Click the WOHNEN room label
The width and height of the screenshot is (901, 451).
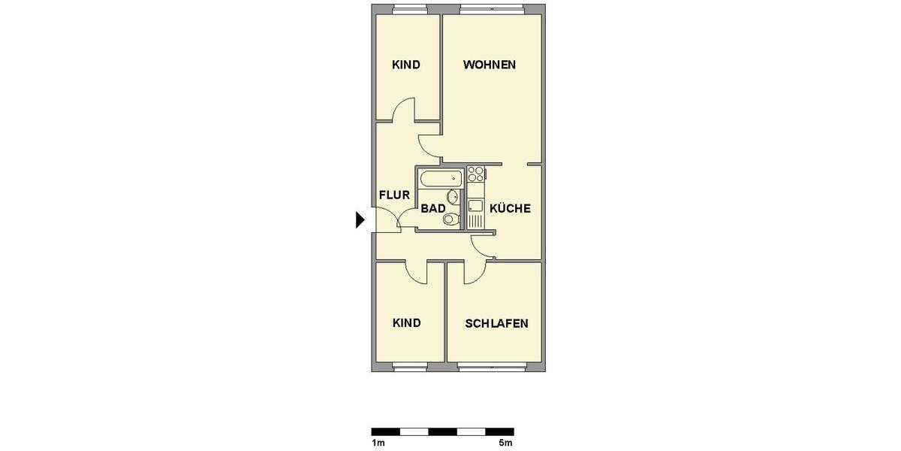coord(489,65)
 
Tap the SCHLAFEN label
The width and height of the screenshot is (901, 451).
coord(496,324)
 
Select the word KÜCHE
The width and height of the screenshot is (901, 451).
coord(510,209)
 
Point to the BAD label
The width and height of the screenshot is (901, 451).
coord(433,209)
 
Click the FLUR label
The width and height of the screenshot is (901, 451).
coord(394,195)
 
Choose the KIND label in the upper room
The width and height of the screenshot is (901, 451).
coord(405,65)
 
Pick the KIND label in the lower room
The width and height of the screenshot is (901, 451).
coord(406,323)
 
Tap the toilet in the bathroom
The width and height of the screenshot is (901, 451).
coord(450,219)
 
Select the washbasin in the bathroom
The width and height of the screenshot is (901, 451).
coord(453,197)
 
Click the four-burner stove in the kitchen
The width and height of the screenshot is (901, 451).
coord(475,175)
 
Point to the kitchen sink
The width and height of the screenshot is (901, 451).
coord(475,206)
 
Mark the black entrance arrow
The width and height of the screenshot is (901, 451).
coord(360,219)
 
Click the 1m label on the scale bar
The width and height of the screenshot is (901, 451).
coord(378,443)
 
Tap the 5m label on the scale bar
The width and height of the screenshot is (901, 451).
coord(506,443)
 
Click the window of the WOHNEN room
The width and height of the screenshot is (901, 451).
coord(492,10)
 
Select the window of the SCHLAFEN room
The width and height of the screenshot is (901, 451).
coord(492,367)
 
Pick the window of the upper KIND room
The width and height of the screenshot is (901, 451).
coord(408,10)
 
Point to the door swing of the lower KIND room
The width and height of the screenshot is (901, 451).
coord(415,272)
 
